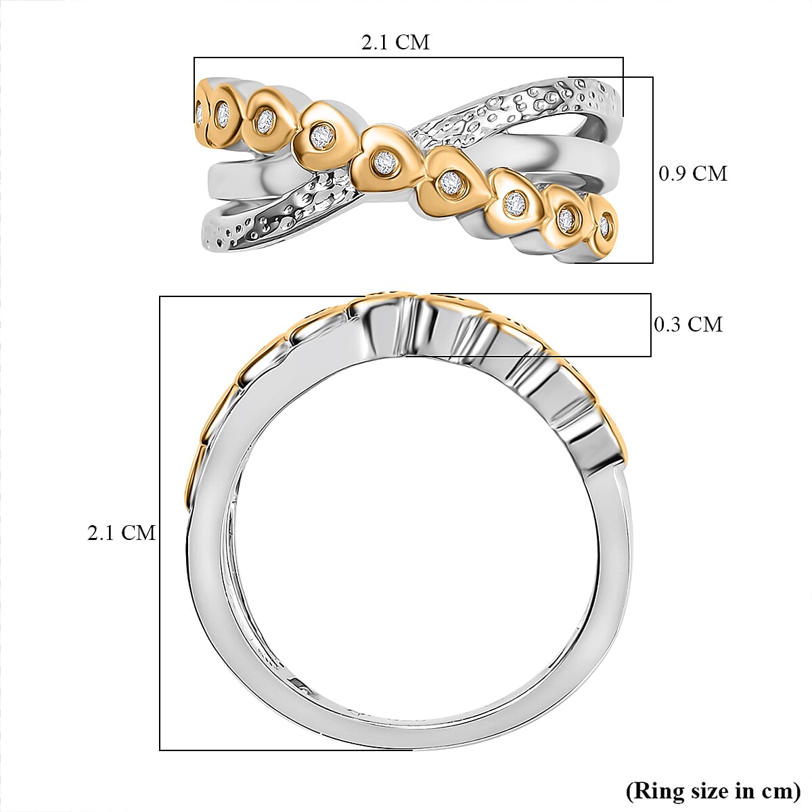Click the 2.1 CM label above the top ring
click(395, 42)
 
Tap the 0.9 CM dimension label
click(693, 173)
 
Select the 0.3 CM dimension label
click(688, 324)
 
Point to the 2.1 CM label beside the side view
click(122, 533)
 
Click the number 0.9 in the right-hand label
click(673, 173)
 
